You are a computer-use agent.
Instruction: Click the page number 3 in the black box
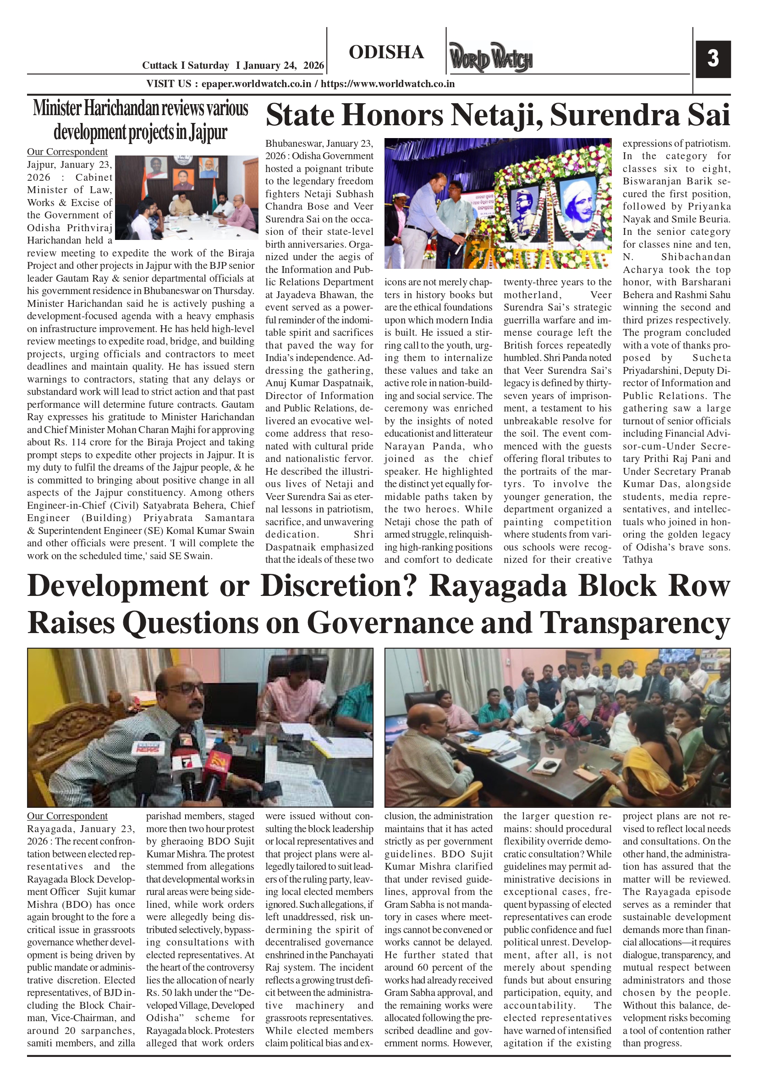713,59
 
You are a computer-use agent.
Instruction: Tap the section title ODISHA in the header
386,52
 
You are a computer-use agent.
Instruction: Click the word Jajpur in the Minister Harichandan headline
208,133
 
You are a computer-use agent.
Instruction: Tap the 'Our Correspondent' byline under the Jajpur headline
67,151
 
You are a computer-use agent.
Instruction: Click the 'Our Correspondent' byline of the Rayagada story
67,816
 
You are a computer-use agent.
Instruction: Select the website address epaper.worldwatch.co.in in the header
256,84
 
